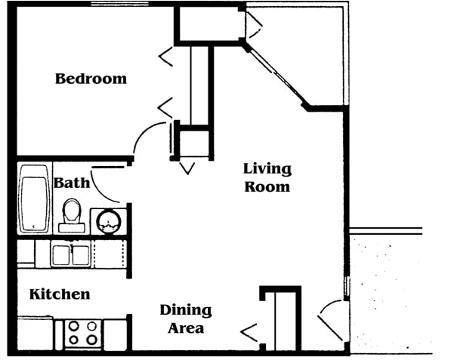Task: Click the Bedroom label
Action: point(91,78)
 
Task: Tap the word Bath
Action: point(72,183)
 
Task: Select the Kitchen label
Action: point(60,294)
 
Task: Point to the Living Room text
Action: point(267,177)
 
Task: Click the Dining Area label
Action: point(186,318)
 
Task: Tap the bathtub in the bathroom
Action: point(34,198)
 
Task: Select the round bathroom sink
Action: point(109,221)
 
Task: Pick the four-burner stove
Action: point(82,334)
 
